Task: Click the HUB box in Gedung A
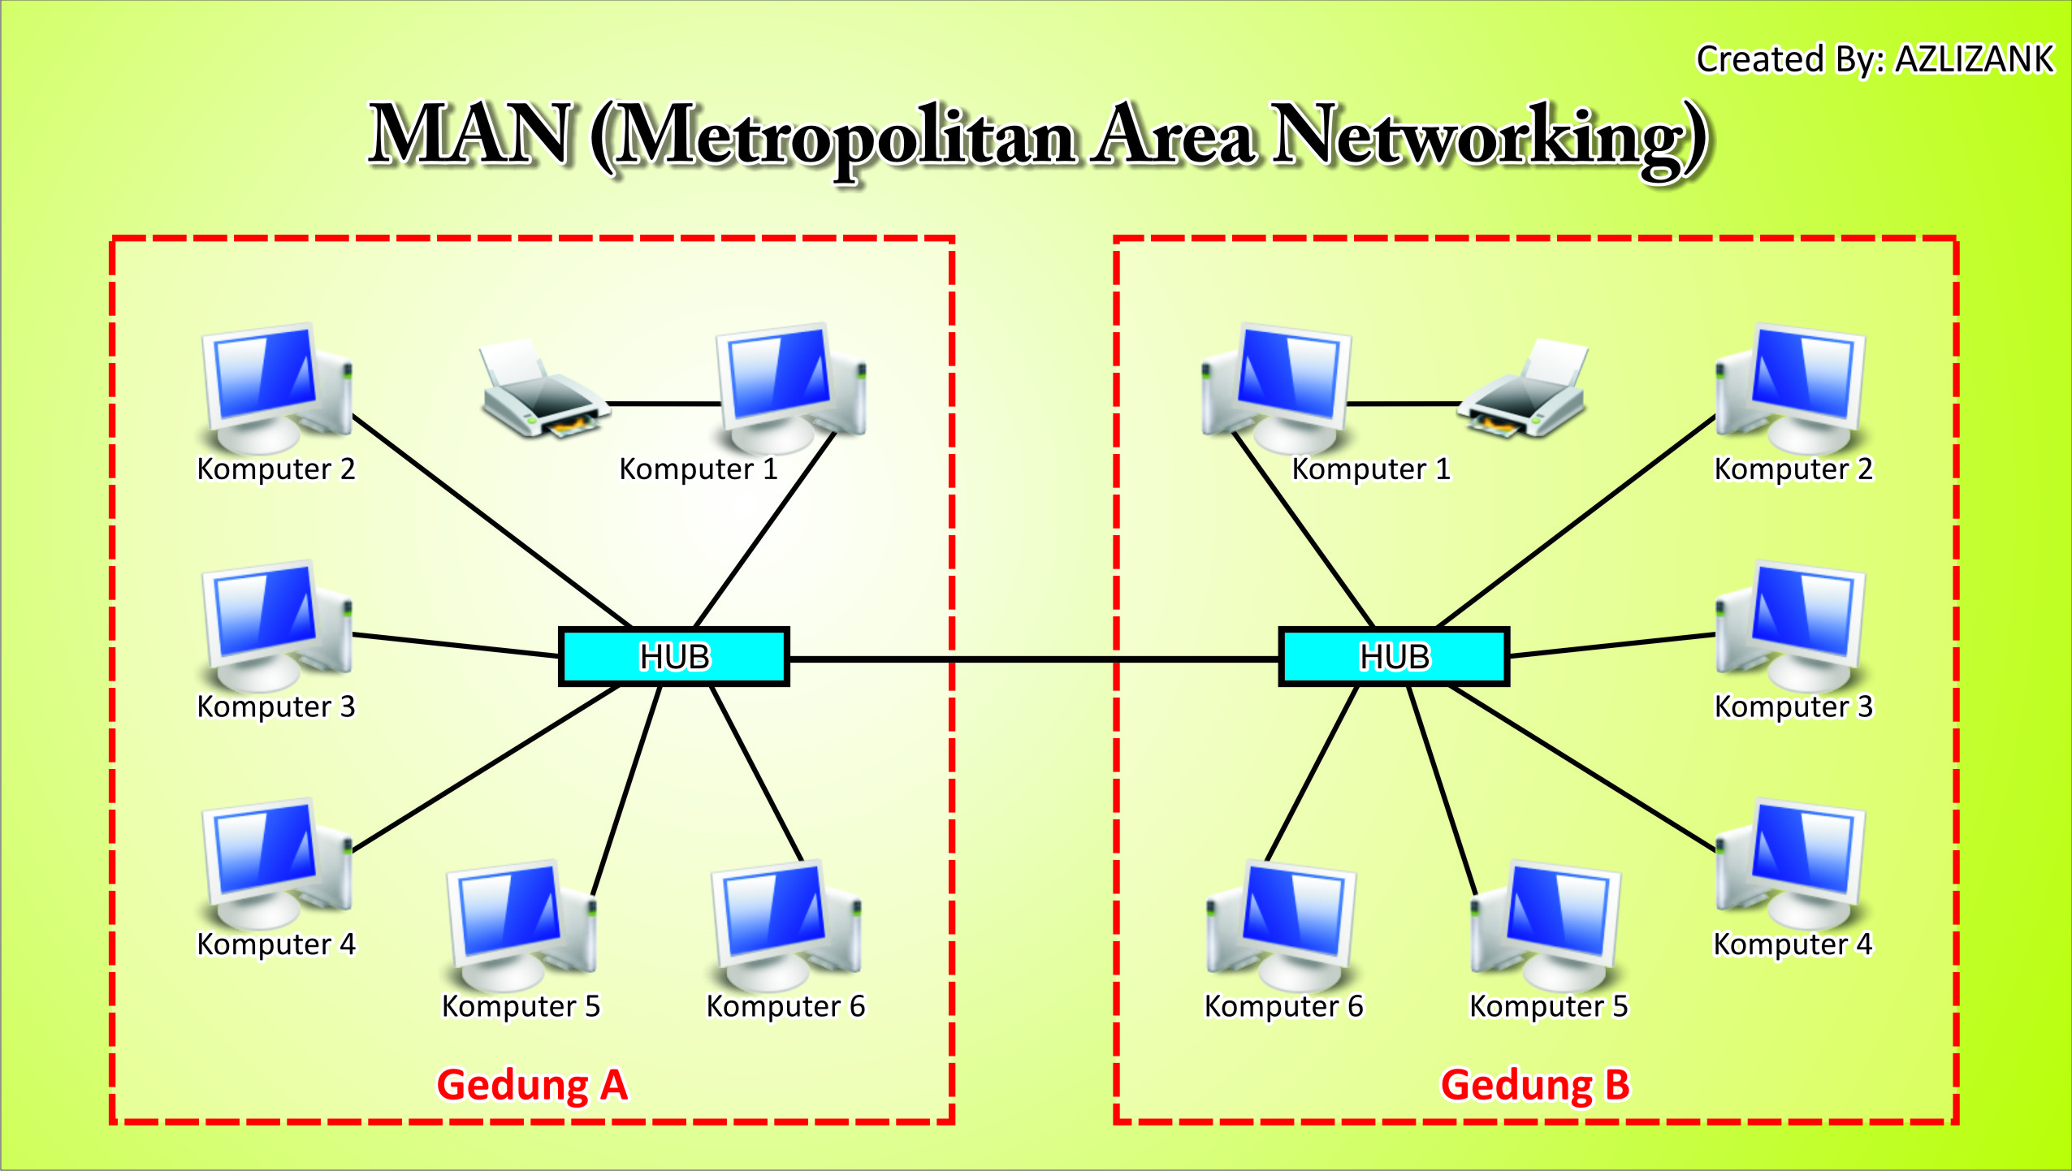click(673, 656)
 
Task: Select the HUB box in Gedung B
click(1394, 656)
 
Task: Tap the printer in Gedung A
click(542, 391)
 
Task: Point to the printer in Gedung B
click(1525, 391)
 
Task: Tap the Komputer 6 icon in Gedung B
click(1282, 926)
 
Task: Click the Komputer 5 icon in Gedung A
click(521, 926)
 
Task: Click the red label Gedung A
click(532, 1085)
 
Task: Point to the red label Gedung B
click(1535, 1085)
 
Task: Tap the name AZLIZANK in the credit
click(1974, 59)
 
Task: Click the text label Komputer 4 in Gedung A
click(276, 944)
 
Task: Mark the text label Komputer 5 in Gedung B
click(1548, 1006)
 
